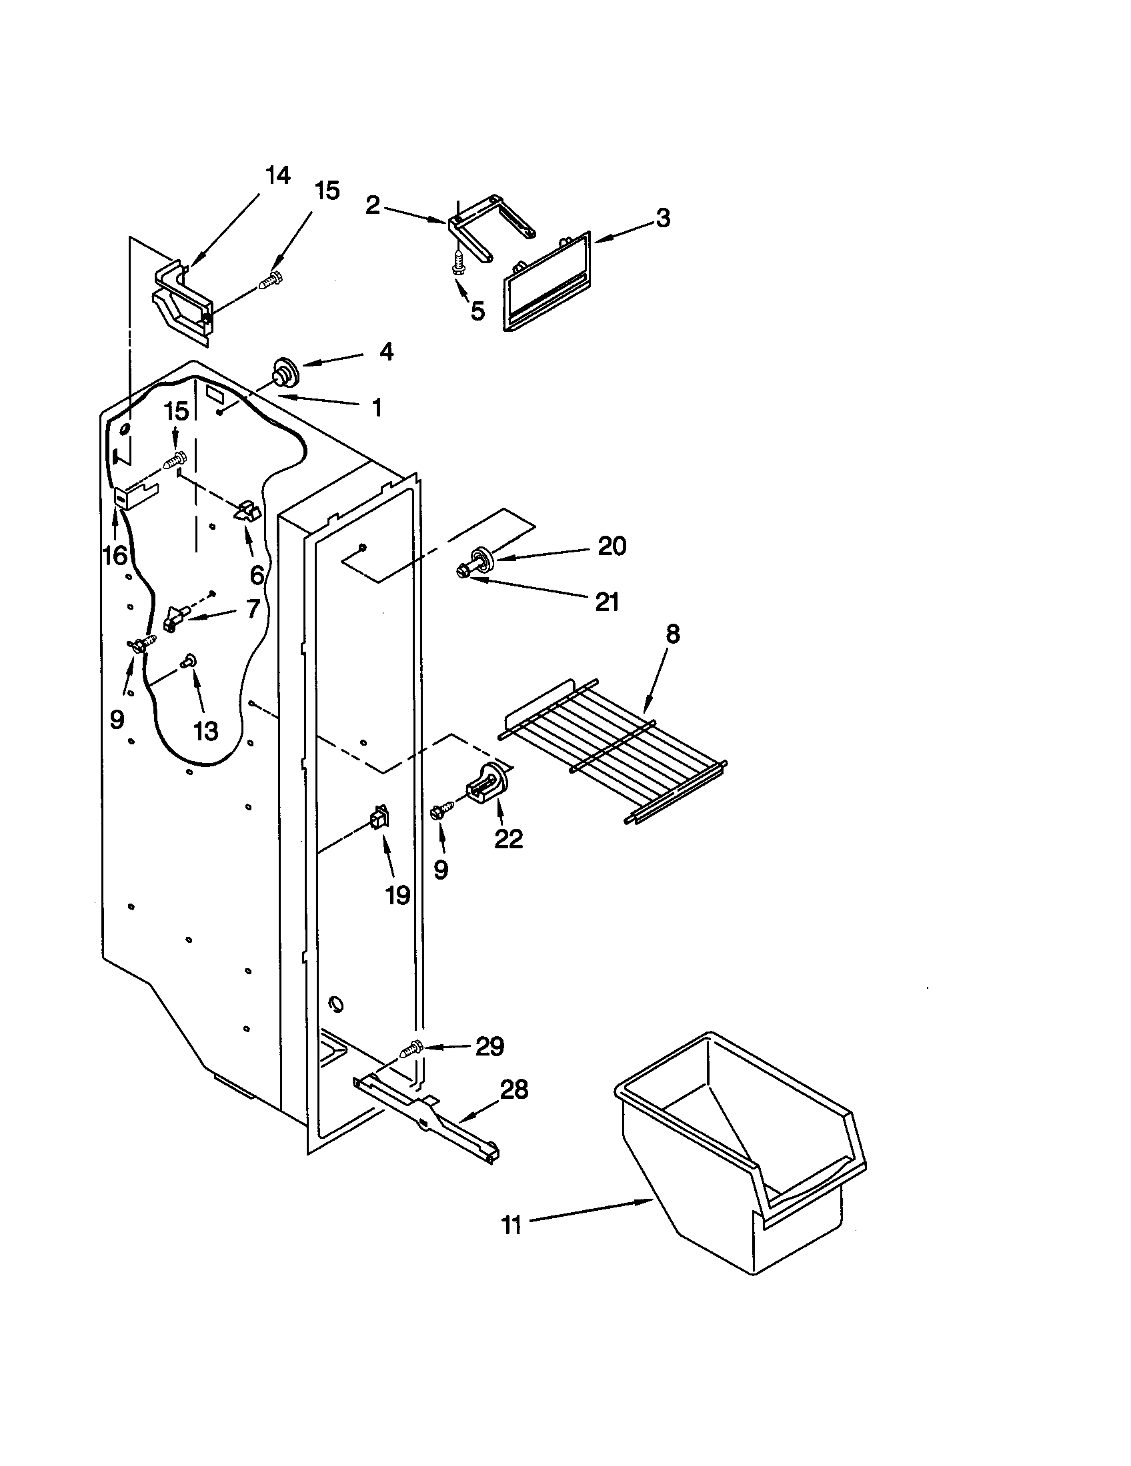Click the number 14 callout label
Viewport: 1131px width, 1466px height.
pos(277,176)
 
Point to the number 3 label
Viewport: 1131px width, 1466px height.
pos(663,218)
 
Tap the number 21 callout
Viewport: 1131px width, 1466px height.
pos(606,602)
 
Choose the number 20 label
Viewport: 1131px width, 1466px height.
pos(612,546)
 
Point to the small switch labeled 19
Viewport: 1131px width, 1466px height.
pos(379,820)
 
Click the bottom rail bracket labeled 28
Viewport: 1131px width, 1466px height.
pos(430,1114)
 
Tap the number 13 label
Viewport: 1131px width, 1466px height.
pos(205,731)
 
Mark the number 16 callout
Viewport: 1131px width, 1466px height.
pos(115,555)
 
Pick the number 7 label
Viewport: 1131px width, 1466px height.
pos(252,609)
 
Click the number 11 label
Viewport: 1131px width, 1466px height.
pos(511,1225)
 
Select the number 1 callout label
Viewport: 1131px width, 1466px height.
pos(377,406)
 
